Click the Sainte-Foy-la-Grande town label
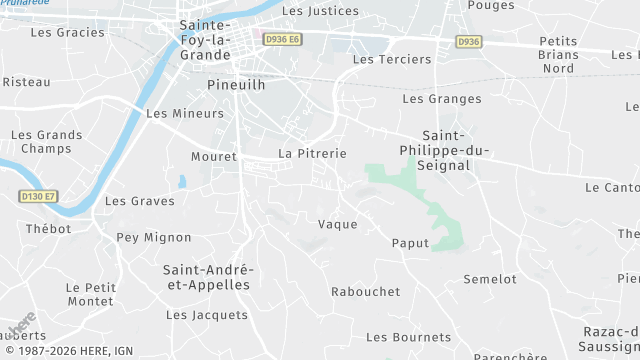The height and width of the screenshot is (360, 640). click(205, 41)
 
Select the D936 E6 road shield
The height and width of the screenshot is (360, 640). click(283, 39)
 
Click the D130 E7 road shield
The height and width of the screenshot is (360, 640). click(39, 197)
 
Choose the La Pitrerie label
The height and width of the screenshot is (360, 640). click(312, 153)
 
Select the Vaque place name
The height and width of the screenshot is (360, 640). click(337, 224)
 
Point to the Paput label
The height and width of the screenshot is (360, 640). click(410, 243)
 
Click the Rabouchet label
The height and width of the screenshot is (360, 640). click(365, 292)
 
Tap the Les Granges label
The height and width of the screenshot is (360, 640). click(441, 99)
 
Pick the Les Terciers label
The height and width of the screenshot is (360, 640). click(392, 59)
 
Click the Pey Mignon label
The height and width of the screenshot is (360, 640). click(153, 237)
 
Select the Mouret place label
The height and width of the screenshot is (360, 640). click(213, 157)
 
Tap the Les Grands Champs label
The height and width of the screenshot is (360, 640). click(47, 142)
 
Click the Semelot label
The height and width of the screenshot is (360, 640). click(490, 279)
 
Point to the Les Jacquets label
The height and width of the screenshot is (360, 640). click(207, 315)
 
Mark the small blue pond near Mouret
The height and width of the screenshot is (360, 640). click(181, 182)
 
